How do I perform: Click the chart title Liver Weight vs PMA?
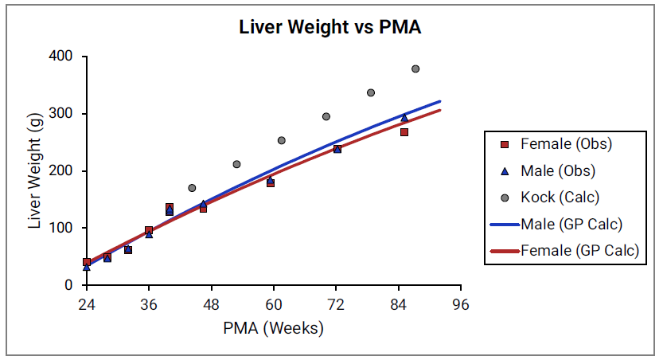click(x=330, y=27)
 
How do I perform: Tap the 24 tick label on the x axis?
click(x=86, y=304)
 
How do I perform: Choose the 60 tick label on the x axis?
click(x=274, y=304)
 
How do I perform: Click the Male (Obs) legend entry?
click(x=557, y=170)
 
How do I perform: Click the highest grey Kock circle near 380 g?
click(x=415, y=69)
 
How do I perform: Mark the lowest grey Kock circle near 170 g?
click(x=192, y=188)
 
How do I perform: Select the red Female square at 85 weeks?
click(x=404, y=132)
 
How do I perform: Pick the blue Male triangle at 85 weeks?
click(x=404, y=118)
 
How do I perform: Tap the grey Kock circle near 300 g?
click(x=326, y=116)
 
